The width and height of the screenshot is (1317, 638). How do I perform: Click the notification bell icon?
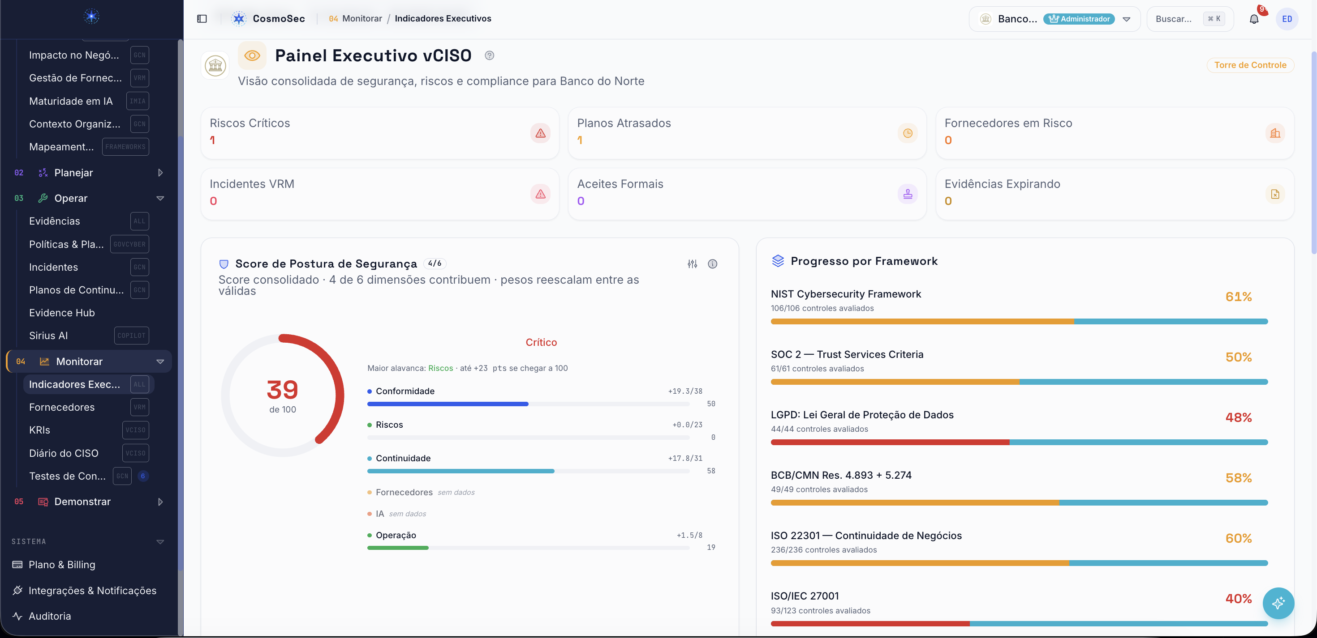tap(1253, 19)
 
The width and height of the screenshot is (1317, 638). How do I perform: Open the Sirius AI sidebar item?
tap(48, 336)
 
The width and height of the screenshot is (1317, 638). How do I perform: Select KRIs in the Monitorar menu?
tap(39, 430)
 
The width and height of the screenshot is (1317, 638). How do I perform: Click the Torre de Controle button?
tap(1250, 65)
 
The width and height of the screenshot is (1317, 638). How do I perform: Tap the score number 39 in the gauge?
tap(282, 390)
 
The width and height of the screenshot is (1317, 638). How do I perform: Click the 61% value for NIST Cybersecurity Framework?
tap(1238, 297)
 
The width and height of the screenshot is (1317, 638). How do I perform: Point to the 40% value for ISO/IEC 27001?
tap(1238, 599)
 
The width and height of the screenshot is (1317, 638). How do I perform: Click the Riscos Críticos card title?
tap(250, 123)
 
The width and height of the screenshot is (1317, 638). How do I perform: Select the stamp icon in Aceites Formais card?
tap(908, 194)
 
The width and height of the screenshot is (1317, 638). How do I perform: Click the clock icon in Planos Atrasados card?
tap(908, 133)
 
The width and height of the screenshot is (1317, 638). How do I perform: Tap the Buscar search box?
tap(1190, 19)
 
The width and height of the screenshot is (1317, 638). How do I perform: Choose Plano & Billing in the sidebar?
tap(62, 565)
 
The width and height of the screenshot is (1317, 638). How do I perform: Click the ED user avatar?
tap(1287, 19)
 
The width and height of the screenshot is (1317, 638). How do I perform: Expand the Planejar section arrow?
tap(160, 173)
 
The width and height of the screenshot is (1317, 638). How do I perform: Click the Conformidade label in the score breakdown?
tap(405, 391)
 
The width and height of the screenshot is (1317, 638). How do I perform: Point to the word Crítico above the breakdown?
tap(541, 342)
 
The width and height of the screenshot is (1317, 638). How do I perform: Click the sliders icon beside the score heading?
tap(692, 264)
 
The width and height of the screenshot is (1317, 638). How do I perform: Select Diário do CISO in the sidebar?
tap(64, 453)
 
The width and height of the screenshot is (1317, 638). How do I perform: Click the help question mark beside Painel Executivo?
tap(489, 55)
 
